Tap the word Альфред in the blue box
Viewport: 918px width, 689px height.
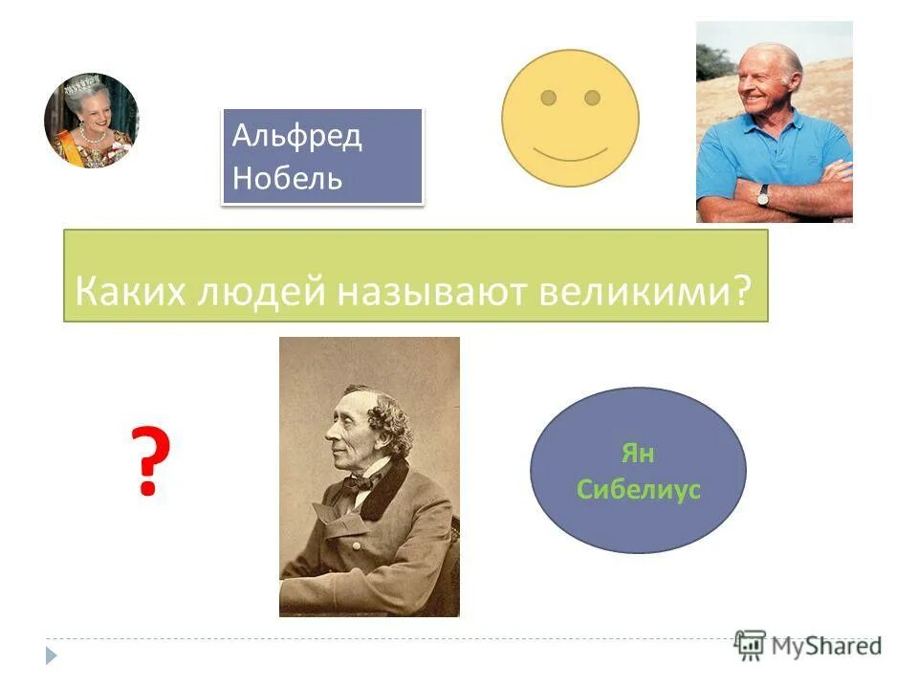pyautogui.click(x=296, y=136)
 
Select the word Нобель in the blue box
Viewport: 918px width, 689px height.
pyautogui.click(x=287, y=177)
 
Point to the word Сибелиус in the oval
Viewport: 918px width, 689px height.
pyautogui.click(x=639, y=490)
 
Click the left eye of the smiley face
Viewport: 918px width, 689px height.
pyautogui.click(x=548, y=98)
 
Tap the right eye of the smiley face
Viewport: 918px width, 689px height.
pyautogui.click(x=592, y=98)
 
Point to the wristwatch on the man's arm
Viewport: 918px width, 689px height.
pyautogui.click(x=763, y=194)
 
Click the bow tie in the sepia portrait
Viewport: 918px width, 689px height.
pyautogui.click(x=359, y=483)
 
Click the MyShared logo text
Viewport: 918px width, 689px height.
pyautogui.click(x=827, y=646)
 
